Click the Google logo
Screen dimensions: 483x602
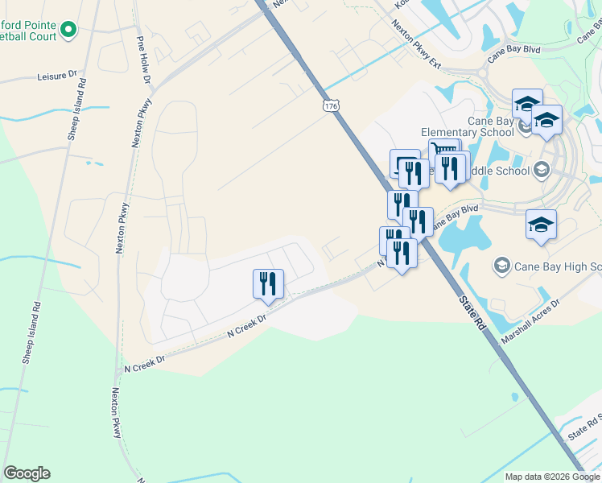[27, 473]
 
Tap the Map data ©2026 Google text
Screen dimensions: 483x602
[553, 477]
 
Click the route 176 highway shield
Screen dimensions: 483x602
[332, 105]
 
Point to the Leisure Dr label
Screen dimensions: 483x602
[56, 76]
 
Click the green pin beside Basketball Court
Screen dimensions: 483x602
[68, 31]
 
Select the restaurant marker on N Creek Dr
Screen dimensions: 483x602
[267, 284]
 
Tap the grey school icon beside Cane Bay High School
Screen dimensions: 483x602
[502, 266]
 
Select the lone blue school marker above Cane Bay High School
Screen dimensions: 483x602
[541, 225]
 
